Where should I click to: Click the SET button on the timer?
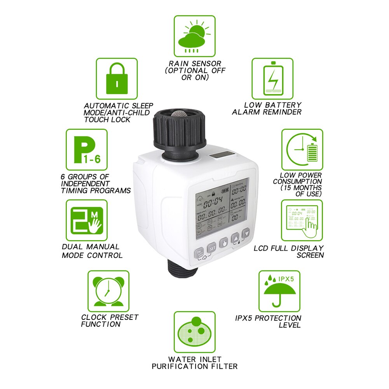(212, 248)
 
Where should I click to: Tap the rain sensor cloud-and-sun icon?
(194, 36)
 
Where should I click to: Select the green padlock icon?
(117, 78)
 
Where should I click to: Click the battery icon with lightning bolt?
(272, 78)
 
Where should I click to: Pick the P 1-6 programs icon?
(86, 150)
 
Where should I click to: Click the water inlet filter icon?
(194, 331)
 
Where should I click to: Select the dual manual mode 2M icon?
(86, 220)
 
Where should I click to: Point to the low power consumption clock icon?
(302, 150)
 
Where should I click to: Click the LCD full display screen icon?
(302, 220)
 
